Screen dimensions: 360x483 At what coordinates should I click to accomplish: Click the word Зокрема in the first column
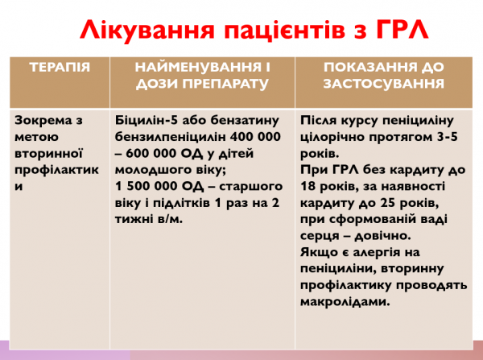coord(39,122)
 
